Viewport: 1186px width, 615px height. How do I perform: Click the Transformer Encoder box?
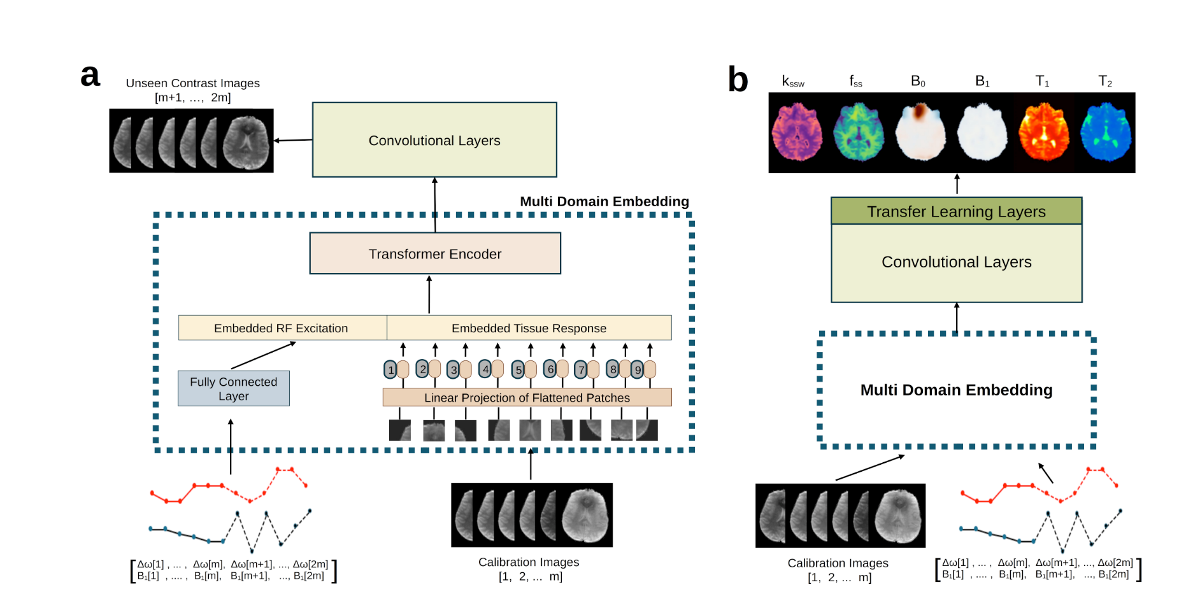435,253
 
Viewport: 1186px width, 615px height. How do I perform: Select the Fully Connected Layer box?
233,388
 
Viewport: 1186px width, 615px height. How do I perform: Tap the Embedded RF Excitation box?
282,328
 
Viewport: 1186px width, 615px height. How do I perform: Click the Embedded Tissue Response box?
529,328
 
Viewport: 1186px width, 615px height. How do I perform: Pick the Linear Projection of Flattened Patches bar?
527,397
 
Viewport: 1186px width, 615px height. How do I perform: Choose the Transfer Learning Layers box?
956,211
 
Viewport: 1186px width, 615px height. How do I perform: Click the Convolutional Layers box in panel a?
434,140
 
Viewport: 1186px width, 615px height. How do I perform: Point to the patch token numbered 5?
518,369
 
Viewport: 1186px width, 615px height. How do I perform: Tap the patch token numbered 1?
390,369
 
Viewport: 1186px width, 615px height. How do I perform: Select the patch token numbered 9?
638,369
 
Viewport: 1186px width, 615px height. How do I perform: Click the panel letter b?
738,81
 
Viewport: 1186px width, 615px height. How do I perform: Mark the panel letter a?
90,76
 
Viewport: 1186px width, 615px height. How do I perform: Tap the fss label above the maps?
855,81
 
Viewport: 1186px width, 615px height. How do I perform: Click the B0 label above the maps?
918,81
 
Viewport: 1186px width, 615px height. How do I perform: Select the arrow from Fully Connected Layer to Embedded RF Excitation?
264,355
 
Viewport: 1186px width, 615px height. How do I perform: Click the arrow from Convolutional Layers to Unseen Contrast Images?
293,140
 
